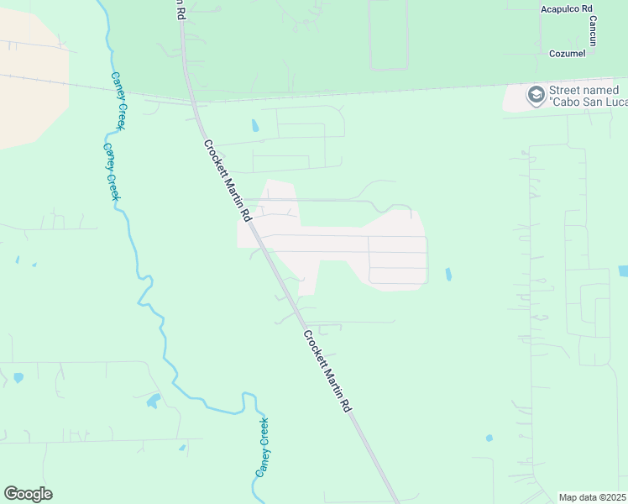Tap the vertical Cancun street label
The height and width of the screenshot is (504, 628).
click(x=593, y=31)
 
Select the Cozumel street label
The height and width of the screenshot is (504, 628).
click(x=566, y=53)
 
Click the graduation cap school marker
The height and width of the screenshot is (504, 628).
click(x=535, y=95)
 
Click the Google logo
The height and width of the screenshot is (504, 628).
click(x=28, y=494)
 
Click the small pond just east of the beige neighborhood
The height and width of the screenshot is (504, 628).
click(x=447, y=274)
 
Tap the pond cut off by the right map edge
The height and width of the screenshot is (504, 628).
click(x=623, y=271)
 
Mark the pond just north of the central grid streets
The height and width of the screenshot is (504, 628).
click(x=254, y=127)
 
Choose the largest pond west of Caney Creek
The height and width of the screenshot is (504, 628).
click(x=153, y=401)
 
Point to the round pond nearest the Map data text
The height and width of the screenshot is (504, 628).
click(x=489, y=438)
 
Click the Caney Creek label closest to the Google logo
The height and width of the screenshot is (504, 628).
click(x=263, y=448)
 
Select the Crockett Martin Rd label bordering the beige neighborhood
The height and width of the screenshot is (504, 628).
click(x=227, y=180)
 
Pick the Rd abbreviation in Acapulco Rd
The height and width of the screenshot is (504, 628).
click(x=587, y=8)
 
